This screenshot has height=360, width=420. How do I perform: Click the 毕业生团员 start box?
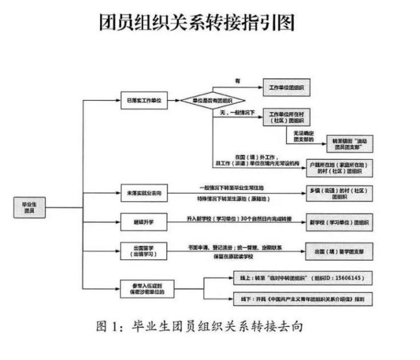[x=30, y=207]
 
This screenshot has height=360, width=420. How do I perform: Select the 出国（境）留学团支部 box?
[x=339, y=250]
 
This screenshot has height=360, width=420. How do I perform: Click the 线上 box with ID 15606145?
[x=299, y=279]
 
